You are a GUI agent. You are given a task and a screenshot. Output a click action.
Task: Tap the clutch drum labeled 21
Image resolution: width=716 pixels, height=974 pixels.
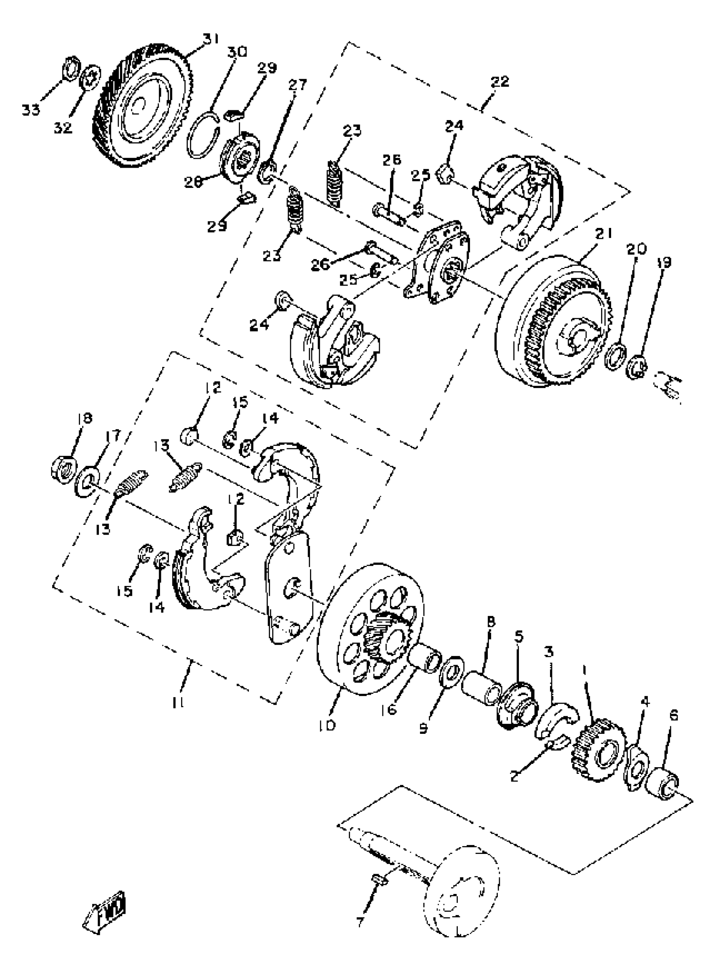click(550, 323)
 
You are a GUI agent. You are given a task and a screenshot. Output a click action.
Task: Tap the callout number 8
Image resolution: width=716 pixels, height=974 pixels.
click(491, 623)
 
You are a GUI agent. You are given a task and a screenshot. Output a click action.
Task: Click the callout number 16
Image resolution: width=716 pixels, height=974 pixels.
click(391, 710)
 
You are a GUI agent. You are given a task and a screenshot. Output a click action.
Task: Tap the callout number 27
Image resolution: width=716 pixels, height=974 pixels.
click(297, 85)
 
